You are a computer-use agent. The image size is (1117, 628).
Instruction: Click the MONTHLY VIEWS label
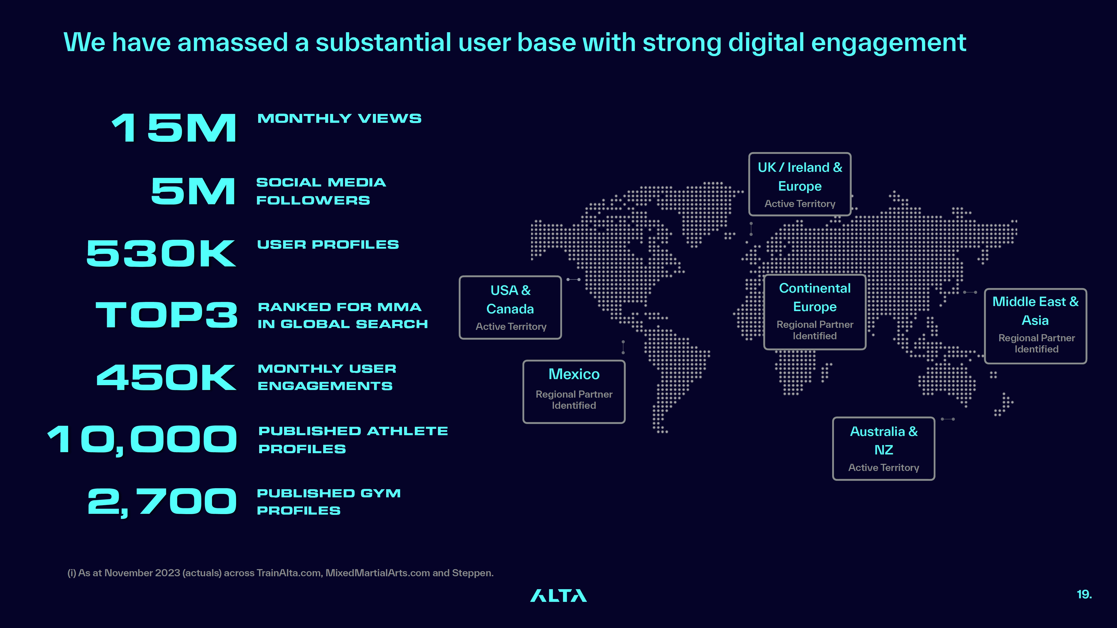pyautogui.click(x=339, y=118)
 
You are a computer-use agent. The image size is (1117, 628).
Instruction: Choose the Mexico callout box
pyautogui.click(x=574, y=391)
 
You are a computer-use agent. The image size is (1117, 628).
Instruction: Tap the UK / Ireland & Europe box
pyautogui.click(x=800, y=184)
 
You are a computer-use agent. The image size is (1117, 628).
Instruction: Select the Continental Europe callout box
pyautogui.click(x=815, y=312)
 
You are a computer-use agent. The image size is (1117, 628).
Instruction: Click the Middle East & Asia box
pyautogui.click(x=1036, y=326)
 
